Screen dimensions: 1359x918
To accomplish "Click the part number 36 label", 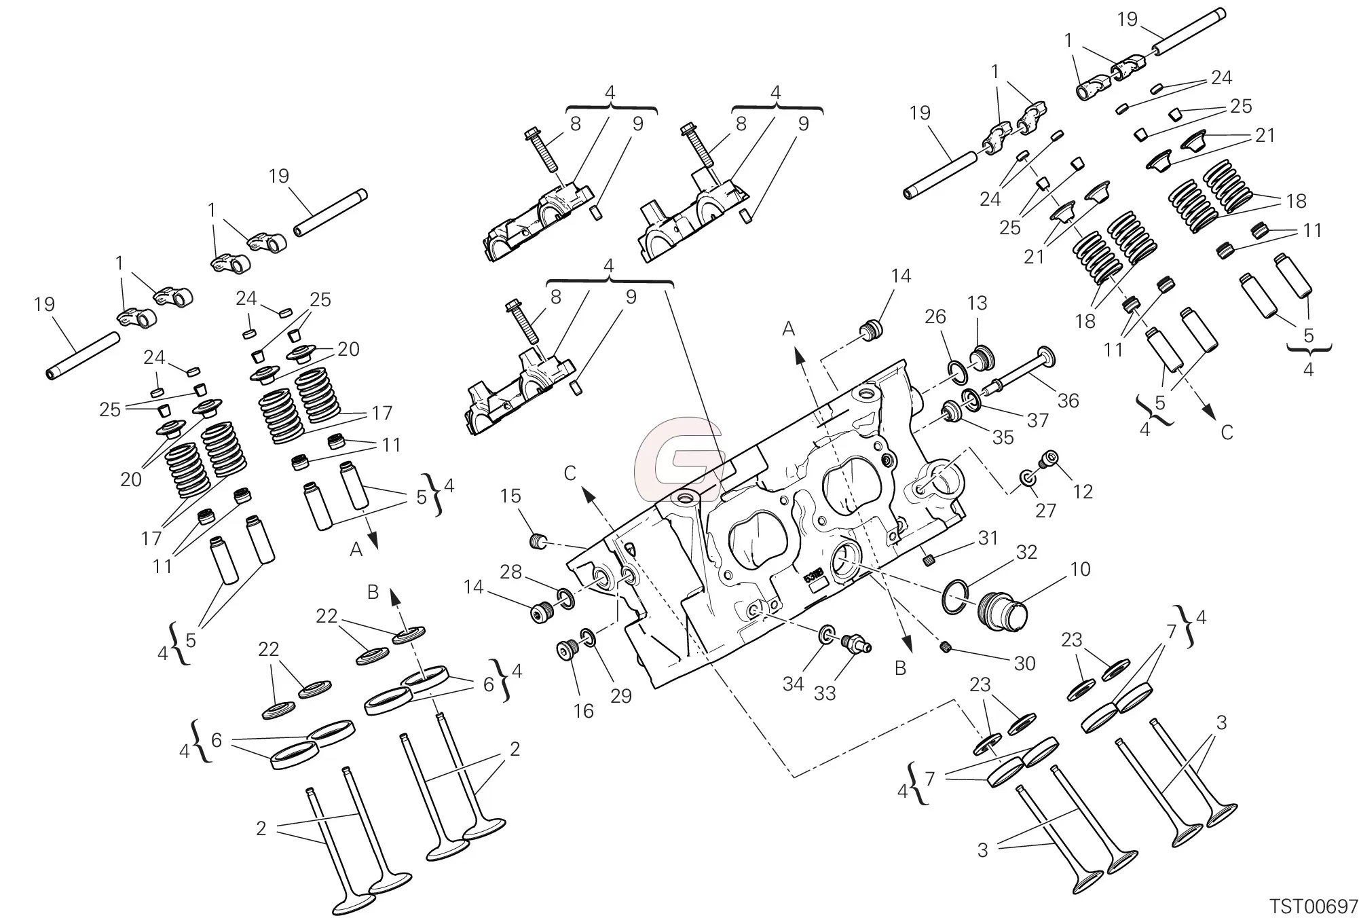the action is pos(1068,401).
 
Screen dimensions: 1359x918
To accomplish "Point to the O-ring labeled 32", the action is pos(958,598).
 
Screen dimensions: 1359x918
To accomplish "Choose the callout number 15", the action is pos(510,496).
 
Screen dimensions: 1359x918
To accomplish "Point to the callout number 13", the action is pos(978,303).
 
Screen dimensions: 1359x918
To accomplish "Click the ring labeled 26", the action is pos(958,372).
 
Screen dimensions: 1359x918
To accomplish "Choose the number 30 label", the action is pos(1024,663).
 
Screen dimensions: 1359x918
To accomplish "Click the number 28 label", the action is pos(510,572).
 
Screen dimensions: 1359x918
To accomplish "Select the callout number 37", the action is pos(1037,420).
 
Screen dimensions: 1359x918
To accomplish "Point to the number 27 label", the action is pos(1045,510).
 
